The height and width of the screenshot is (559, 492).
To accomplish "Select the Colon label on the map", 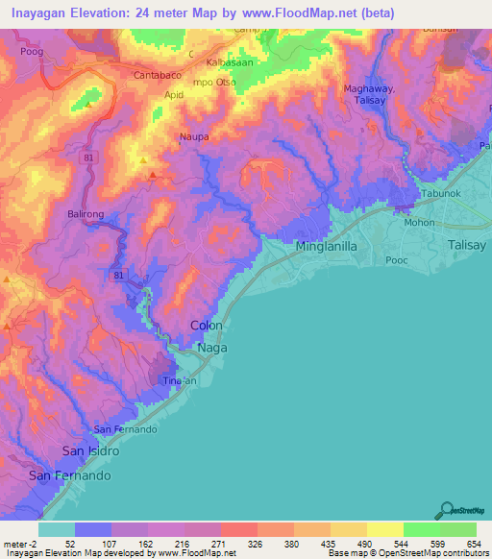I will (x=208, y=326).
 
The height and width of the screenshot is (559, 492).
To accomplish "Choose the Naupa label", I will (x=194, y=137).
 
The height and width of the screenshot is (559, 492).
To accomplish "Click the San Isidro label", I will (x=90, y=450).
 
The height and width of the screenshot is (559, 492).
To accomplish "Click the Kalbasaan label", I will (x=227, y=61).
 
